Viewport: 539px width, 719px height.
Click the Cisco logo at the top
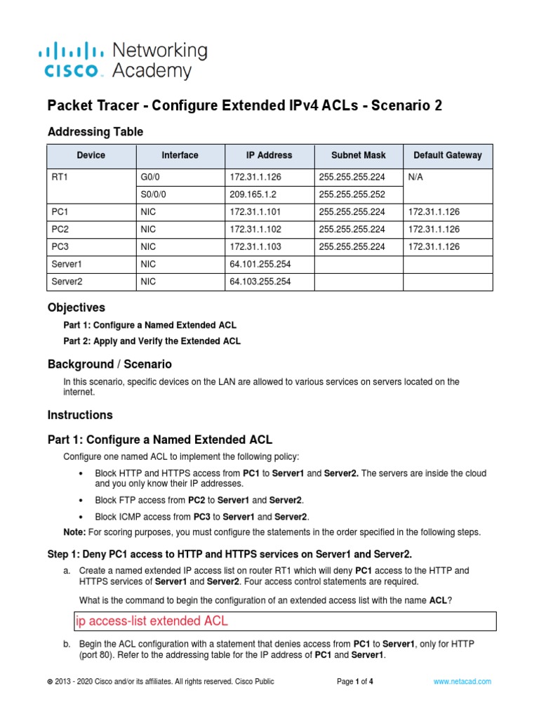[74, 60]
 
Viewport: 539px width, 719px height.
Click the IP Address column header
[269, 155]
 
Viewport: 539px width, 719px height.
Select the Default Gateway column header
[447, 155]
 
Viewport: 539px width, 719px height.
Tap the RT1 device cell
[61, 178]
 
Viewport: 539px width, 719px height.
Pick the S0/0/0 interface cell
[156, 194]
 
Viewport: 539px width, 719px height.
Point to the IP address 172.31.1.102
[255, 229]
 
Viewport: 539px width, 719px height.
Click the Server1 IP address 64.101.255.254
[260, 264]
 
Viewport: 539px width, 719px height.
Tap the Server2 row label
[68, 282]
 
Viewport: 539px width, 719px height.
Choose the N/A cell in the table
[416, 178]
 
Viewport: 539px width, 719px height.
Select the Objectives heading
[76, 308]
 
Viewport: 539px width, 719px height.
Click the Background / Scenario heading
[109, 364]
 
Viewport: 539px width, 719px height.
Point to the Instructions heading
[79, 415]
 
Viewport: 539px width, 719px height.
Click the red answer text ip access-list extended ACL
[152, 621]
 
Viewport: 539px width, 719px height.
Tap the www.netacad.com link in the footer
[462, 681]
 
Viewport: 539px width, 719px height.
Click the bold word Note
[74, 532]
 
